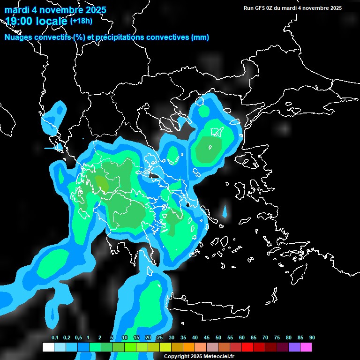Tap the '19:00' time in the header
coord(19,21)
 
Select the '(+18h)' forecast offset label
coord(81,21)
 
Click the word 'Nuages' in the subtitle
coord(18,37)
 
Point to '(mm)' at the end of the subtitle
coord(200,37)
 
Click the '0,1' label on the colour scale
coord(55,338)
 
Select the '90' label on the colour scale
coord(312,338)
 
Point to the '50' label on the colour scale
coord(218,338)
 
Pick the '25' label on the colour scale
coord(160,338)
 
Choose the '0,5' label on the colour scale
coord(78,338)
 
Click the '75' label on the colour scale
coord(277,338)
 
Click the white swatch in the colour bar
coord(48,347)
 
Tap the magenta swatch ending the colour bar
coord(306,347)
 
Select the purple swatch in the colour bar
coord(294,347)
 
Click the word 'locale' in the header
coord(51,21)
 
